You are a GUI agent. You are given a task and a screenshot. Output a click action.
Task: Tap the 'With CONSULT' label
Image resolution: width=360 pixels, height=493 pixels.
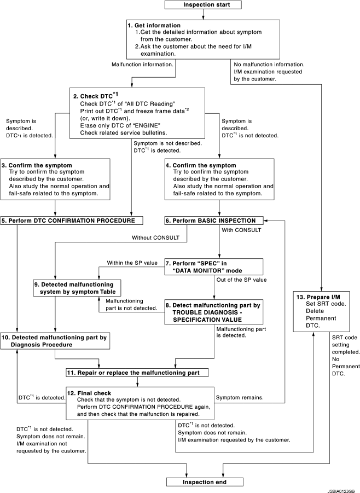coord(241,230)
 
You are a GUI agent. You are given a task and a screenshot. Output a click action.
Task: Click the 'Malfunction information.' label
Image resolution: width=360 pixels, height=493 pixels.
coord(142,64)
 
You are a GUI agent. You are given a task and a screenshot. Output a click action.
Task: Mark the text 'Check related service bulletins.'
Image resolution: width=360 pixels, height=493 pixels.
coord(123,131)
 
